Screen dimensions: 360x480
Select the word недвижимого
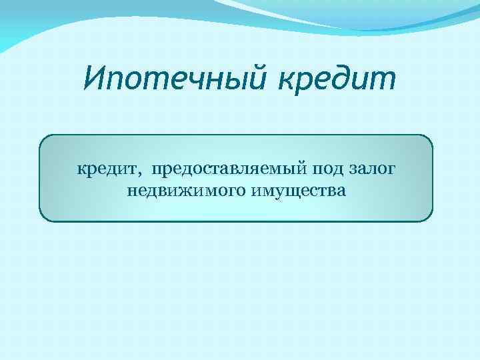click(x=185, y=192)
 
